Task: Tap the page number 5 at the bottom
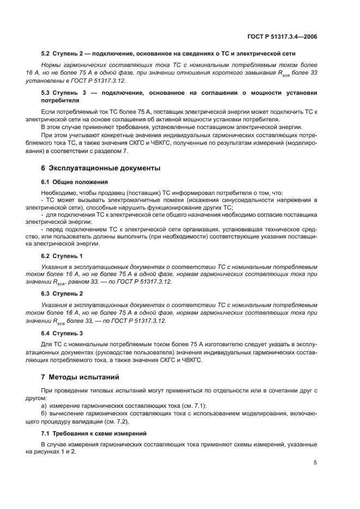(315, 463)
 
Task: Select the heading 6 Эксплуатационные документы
(101, 168)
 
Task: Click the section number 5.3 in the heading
(47, 93)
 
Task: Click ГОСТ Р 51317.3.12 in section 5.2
(99, 80)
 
